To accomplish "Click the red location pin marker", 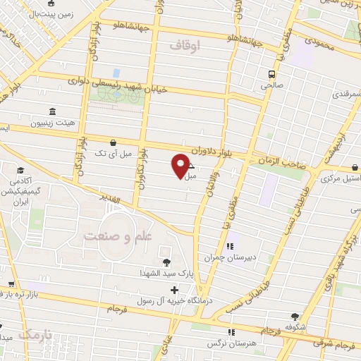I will pyautogui.click(x=181, y=166).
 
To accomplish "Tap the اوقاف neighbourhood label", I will pyautogui.click(x=185, y=45).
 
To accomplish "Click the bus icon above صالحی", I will pyautogui.click(x=271, y=74).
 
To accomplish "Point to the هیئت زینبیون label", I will pyautogui.click(x=50, y=123).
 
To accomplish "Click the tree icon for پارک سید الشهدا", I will pyautogui.click(x=166, y=262).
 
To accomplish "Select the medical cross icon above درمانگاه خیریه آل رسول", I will pyautogui.click(x=174, y=289).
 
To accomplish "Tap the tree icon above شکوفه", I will pyautogui.click(x=294, y=317).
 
